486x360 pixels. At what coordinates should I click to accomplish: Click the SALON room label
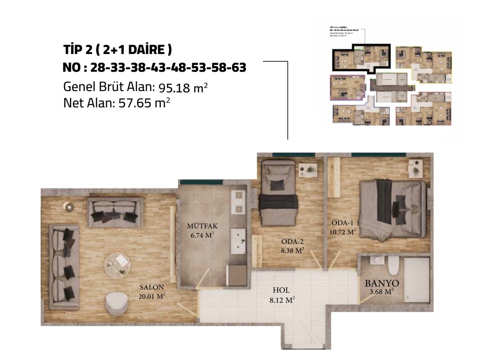click(152, 287)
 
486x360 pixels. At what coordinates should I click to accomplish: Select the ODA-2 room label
click(291, 240)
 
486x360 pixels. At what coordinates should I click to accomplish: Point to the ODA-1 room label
click(342, 223)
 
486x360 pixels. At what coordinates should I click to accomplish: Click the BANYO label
click(382, 283)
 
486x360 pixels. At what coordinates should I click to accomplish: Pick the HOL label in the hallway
click(281, 290)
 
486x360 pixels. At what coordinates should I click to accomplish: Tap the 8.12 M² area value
click(281, 300)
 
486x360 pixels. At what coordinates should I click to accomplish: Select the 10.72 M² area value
click(342, 232)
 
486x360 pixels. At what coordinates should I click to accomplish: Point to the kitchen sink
click(238, 240)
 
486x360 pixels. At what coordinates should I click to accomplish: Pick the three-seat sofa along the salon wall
click(64, 268)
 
